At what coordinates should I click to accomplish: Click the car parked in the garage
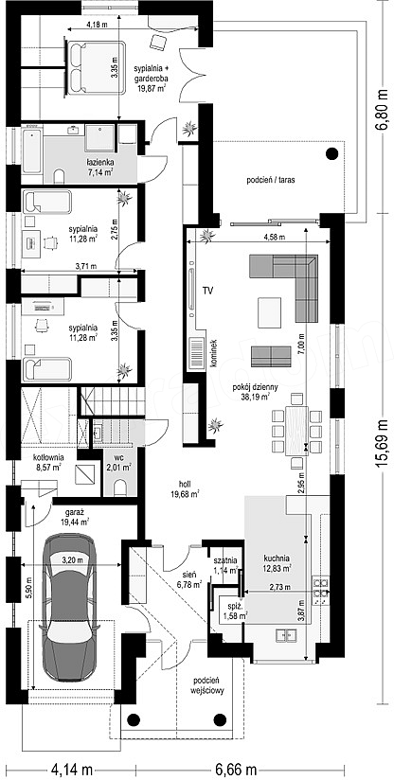[x=67, y=608]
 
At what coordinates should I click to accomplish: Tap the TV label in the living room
[x=207, y=291]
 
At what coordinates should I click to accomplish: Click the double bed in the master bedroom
[x=97, y=67]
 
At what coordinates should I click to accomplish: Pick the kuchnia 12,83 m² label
[x=278, y=562]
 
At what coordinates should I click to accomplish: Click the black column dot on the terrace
[x=331, y=153]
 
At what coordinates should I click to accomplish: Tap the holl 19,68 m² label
[x=189, y=488]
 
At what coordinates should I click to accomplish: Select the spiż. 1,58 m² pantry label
[x=236, y=612]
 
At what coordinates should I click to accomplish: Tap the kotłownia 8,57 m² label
[x=46, y=462]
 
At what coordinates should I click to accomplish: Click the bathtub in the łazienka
[x=32, y=151]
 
